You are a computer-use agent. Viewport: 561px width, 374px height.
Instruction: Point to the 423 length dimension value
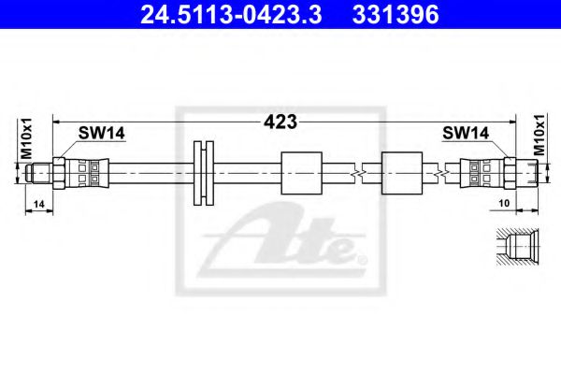[x=280, y=122]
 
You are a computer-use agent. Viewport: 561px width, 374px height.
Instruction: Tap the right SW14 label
[x=466, y=134]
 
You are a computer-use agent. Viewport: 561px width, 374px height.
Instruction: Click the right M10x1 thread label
[x=539, y=137]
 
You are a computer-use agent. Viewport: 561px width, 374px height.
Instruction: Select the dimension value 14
[x=37, y=203]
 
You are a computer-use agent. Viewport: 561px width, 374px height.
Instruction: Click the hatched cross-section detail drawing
[x=515, y=248]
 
